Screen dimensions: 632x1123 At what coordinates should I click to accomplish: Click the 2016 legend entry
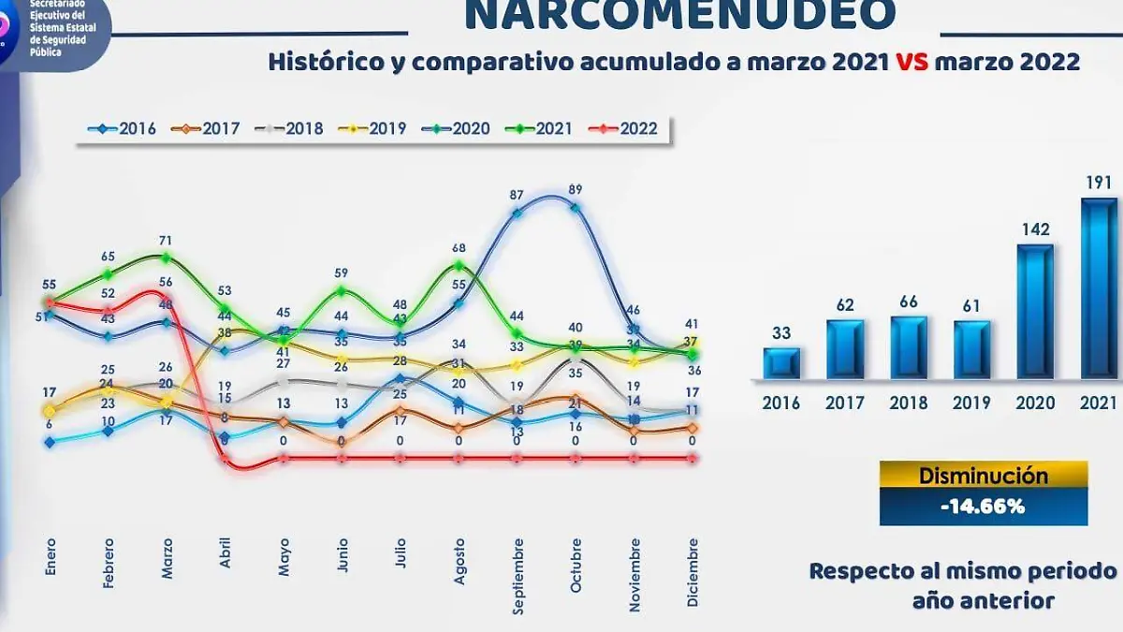coord(123,129)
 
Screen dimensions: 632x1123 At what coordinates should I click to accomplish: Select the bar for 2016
coord(781,363)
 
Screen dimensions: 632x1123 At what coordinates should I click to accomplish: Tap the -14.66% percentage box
coord(984,507)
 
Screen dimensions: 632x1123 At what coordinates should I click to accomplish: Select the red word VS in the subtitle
coord(912,63)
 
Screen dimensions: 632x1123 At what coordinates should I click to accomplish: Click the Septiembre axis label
coord(518,575)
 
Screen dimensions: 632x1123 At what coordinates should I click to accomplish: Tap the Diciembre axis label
coord(692,572)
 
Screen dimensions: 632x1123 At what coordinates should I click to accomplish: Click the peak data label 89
coord(575,190)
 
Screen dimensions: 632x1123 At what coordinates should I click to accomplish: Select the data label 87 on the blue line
coord(517,196)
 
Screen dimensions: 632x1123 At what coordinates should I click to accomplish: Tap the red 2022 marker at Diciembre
coord(693,458)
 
